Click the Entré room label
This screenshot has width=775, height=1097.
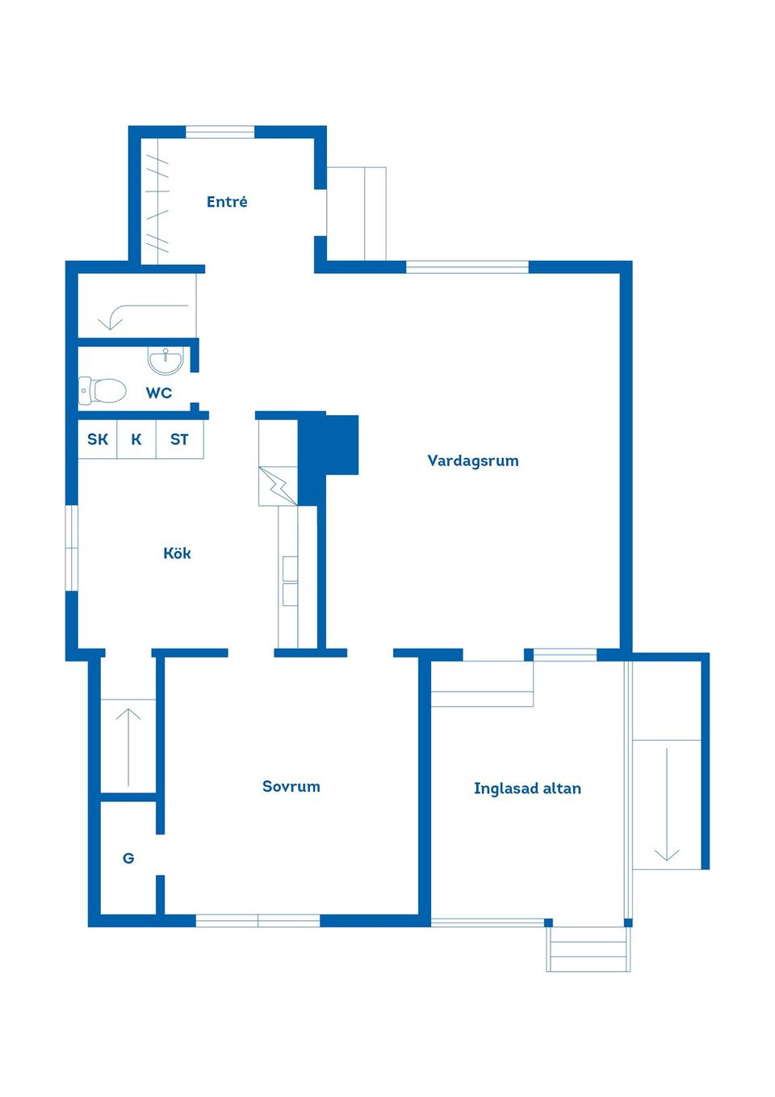[x=227, y=202]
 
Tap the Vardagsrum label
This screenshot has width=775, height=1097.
[x=473, y=461]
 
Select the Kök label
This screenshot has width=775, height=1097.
[x=177, y=553]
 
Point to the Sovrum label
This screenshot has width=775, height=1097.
[x=291, y=787]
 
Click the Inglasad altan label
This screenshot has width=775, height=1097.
[x=527, y=788]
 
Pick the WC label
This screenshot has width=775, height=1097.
[x=159, y=393]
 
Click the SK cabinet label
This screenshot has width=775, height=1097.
[x=98, y=439]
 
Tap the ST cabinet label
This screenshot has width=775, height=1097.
[x=179, y=439]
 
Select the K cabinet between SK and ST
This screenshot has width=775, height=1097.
[x=136, y=439]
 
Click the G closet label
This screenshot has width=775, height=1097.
[x=128, y=859]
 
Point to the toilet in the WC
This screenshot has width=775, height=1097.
[x=103, y=391]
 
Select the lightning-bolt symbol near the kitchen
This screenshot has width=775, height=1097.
[x=279, y=485]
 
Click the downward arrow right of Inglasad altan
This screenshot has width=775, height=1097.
[x=667, y=805]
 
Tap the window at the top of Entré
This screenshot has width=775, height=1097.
[x=220, y=132]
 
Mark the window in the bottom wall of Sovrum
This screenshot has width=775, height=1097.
[x=258, y=920]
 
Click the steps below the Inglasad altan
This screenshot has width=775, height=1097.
[x=589, y=949]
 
